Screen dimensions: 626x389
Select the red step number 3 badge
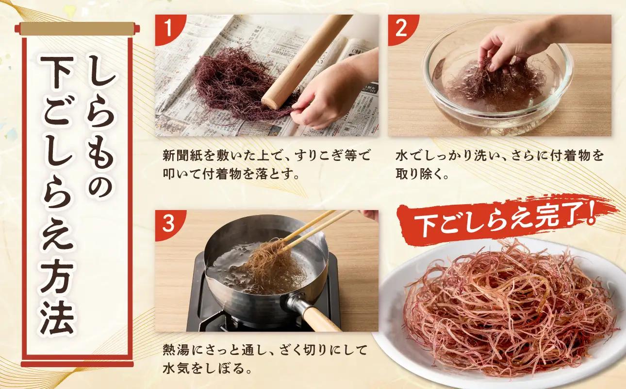[x=168, y=224]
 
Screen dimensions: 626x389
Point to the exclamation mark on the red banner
[x=589, y=213]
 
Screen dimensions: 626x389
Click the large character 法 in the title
[x=58, y=319]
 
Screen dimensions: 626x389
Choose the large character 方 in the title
[x=58, y=276]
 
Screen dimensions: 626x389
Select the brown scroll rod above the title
[x=77, y=29]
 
